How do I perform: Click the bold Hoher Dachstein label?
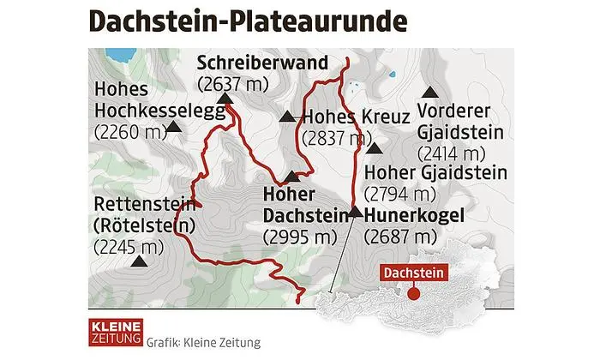pos(290,203)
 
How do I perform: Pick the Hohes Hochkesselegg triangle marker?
pos(175,127)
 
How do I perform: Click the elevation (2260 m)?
pos(129,131)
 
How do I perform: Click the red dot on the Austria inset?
pos(412,294)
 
